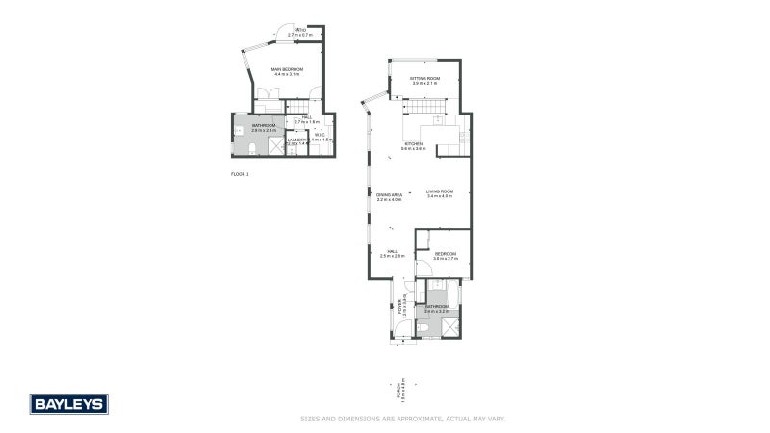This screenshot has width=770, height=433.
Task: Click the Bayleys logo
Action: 68,403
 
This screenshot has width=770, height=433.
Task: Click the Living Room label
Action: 439,194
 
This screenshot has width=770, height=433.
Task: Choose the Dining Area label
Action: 389,196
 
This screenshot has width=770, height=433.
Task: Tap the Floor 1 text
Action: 240,174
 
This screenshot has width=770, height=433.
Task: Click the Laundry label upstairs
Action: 296,141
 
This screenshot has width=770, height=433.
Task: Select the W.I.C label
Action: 321,137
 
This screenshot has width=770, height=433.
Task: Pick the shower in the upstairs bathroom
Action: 275,147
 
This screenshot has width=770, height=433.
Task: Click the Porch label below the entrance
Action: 400,391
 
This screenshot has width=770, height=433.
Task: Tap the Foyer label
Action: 400,307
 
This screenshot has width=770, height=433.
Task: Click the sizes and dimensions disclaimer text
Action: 403,419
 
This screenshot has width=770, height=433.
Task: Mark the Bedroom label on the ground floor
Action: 445,256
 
